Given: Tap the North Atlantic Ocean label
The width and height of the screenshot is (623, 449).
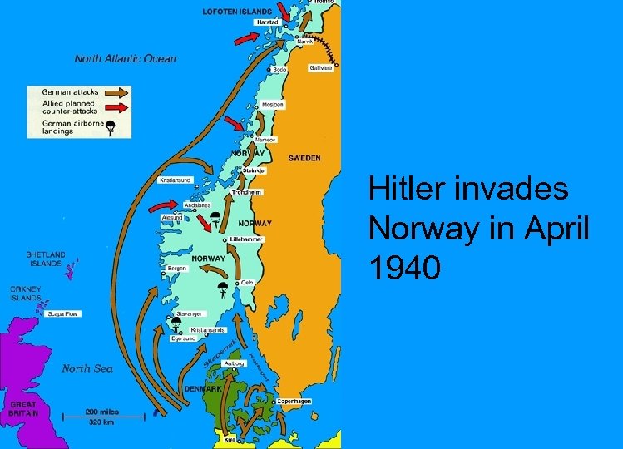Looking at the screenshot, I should click(126, 59).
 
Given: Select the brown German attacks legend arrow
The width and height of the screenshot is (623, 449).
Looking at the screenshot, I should click(116, 91).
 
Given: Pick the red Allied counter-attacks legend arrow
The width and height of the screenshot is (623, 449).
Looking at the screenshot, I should click(116, 107).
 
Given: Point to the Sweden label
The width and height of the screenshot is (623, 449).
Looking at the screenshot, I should click(304, 158).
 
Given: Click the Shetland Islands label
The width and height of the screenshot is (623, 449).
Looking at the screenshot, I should click(44, 259).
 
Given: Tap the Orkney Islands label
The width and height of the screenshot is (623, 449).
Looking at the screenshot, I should click(26, 294).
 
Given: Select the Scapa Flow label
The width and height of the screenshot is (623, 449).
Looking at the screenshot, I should click(62, 314).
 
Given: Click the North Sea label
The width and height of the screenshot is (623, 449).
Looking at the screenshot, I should click(87, 368).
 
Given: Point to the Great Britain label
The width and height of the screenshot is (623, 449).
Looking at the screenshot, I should click(22, 408).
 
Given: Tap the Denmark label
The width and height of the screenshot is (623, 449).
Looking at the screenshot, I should click(203, 388).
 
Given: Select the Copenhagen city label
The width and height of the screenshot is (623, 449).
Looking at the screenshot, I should click(294, 402).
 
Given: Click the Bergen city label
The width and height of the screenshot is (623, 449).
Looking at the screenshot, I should click(176, 269).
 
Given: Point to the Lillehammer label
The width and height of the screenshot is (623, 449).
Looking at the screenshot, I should click(245, 239).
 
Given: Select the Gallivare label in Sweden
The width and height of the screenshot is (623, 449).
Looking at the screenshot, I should click(320, 68).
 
